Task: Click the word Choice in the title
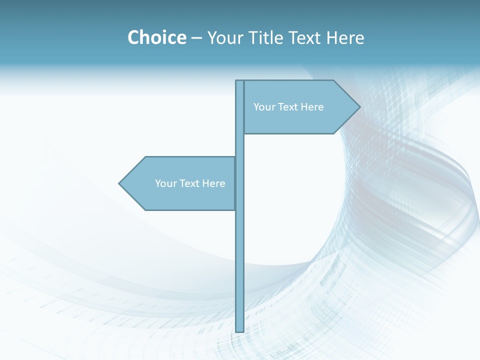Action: coord(156,37)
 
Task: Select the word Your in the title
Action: coord(224,37)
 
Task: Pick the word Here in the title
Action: coord(345,37)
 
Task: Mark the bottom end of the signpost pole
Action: coord(239,330)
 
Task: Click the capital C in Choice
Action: coord(134,37)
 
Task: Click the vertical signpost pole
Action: coord(239,250)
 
